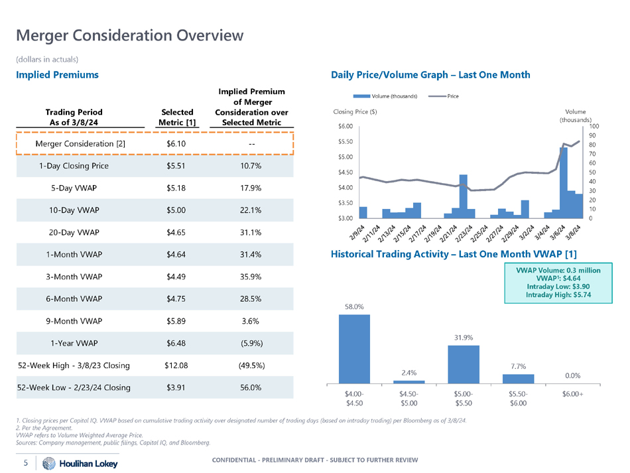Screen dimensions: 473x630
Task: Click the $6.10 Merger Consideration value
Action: (176, 144)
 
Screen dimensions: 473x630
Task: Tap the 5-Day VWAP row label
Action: (74, 188)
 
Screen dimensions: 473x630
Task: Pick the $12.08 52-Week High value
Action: (176, 365)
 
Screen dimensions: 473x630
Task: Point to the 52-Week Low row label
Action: (74, 387)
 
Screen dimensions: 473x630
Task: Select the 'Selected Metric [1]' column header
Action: (176, 117)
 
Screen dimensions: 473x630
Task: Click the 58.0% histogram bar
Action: (355, 348)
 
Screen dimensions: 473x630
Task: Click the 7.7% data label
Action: (519, 366)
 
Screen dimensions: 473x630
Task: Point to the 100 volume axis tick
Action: (594, 126)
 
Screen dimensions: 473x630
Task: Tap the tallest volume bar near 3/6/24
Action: (563, 182)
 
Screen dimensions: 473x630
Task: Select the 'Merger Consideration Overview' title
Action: (130, 34)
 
